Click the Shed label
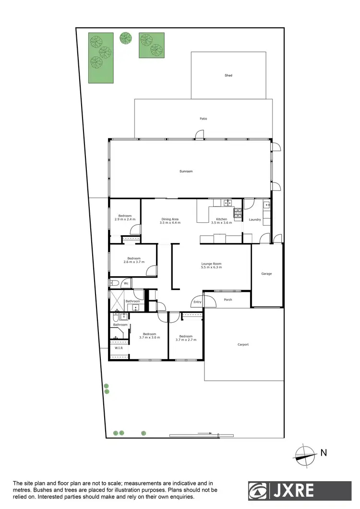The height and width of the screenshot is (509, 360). click(x=228, y=75)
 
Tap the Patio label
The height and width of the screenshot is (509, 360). click(x=204, y=119)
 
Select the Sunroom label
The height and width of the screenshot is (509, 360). click(x=186, y=171)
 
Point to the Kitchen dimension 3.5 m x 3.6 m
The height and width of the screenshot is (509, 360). click(x=221, y=223)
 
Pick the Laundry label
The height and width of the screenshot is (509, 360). click(x=255, y=219)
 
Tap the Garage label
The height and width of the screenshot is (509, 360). click(x=266, y=274)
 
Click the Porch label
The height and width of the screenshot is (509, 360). click(x=228, y=300)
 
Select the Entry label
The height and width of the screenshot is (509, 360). click(x=197, y=302)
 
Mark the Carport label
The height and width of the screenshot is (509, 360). click(x=243, y=344)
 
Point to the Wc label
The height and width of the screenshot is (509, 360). click(x=126, y=283)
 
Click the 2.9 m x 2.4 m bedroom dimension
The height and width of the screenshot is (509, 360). click(x=125, y=219)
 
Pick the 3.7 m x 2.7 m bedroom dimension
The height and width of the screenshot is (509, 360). click(x=186, y=339)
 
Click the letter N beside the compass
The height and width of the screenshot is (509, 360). click(x=324, y=452)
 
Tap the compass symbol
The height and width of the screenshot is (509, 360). click(x=305, y=454)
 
